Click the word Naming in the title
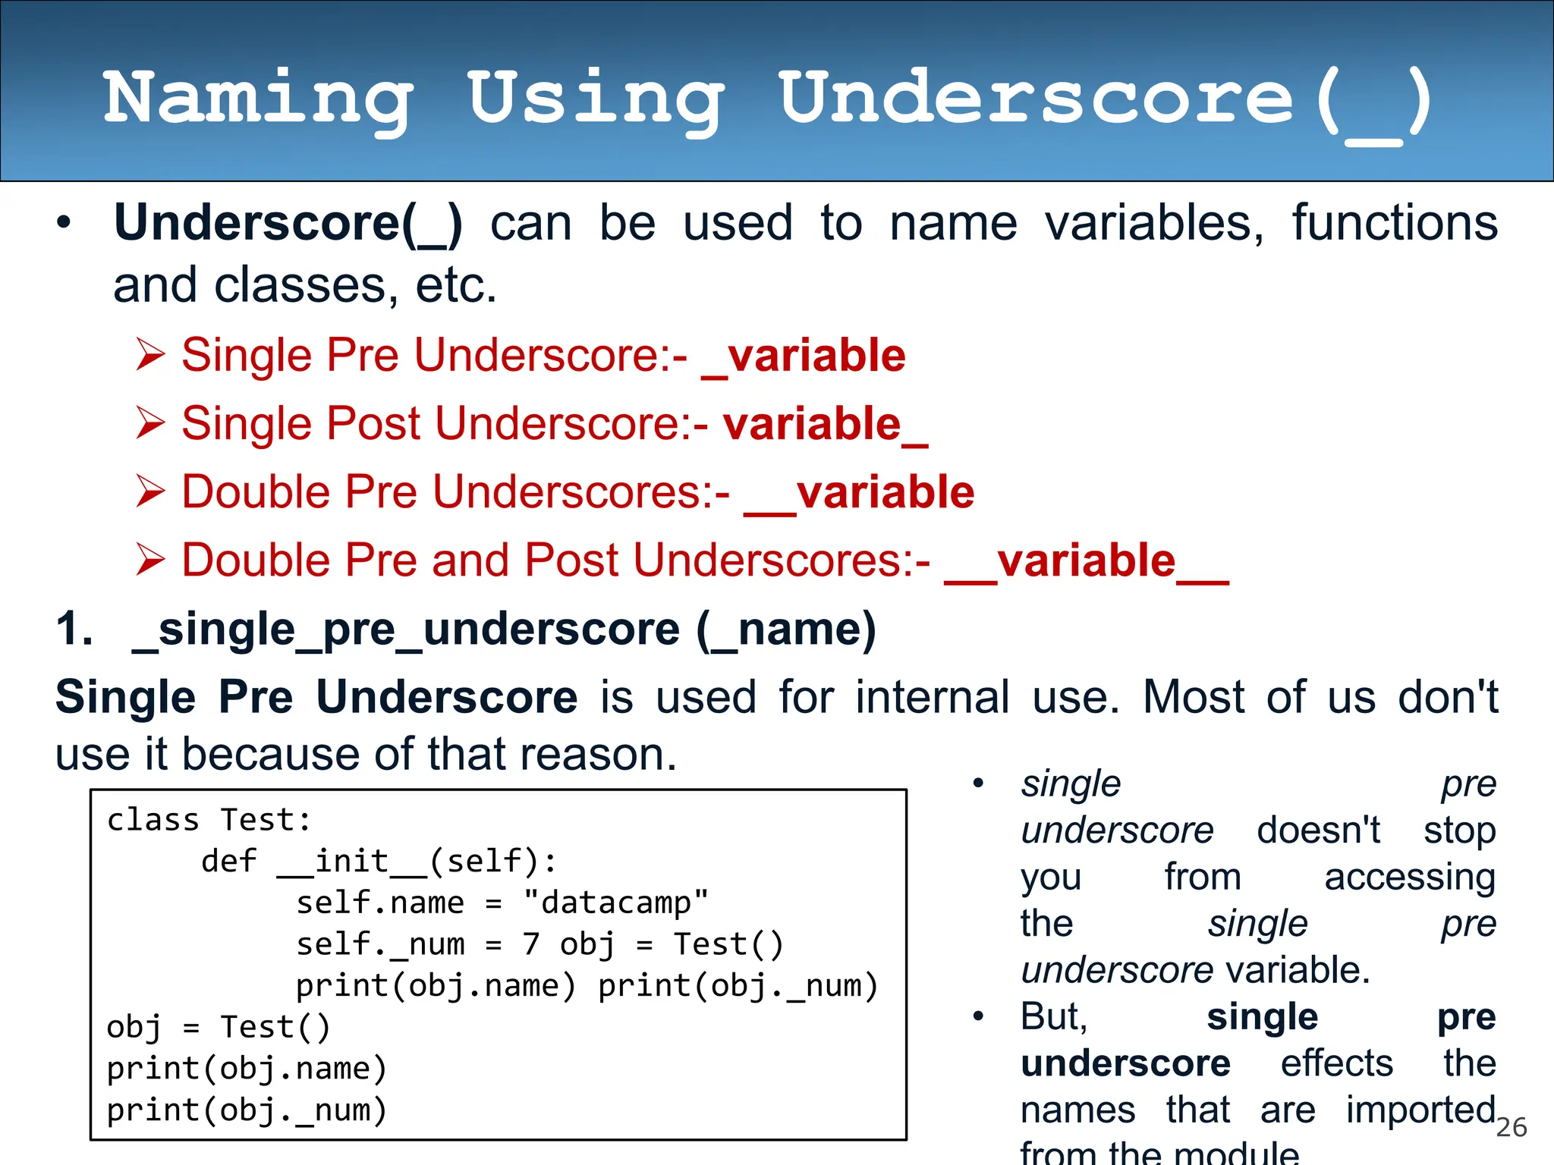pos(258,99)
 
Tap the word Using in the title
pos(595,99)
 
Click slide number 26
pos(1511,1127)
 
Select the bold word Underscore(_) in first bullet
pos(288,224)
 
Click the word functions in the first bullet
pos(1395,224)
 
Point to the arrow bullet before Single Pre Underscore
pos(150,355)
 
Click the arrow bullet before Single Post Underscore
pos(150,423)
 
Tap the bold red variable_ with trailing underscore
pos(826,424)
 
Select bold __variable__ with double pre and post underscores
pos(1086,562)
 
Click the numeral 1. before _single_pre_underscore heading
pos(74,629)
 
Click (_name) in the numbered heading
pos(786,630)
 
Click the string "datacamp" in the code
pos(615,903)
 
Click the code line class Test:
pos(209,820)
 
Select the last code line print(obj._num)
pos(247,1110)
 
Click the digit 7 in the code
pos(530,944)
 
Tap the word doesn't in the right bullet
pos(1318,830)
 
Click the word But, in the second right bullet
pos(1054,1016)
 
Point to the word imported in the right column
pos(1420,1110)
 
